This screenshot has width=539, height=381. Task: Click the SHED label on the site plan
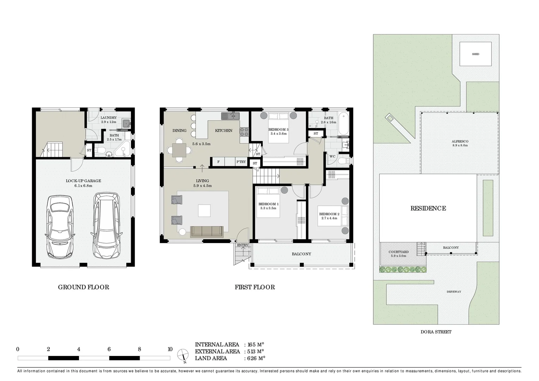(x=476, y=54)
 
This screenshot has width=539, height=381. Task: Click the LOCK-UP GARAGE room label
(x=83, y=181)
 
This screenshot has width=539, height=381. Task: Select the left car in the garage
(x=60, y=227)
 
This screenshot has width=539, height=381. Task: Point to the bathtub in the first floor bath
(x=343, y=123)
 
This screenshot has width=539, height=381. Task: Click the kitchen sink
(x=230, y=116)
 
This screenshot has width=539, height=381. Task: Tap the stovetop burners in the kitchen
(x=244, y=132)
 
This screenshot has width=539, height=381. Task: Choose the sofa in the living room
(x=207, y=232)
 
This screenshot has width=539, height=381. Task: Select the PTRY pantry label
(x=241, y=162)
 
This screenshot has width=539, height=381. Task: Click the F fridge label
(x=218, y=162)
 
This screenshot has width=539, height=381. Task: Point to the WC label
(x=332, y=156)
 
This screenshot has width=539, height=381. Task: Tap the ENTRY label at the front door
(x=243, y=245)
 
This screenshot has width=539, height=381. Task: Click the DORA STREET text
(x=436, y=332)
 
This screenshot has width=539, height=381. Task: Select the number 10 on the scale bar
(x=170, y=349)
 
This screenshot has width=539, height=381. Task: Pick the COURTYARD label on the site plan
(x=398, y=252)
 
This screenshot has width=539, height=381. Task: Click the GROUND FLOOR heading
(x=84, y=287)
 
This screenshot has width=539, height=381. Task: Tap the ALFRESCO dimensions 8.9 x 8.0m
(x=460, y=145)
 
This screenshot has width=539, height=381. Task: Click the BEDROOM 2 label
(x=329, y=214)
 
